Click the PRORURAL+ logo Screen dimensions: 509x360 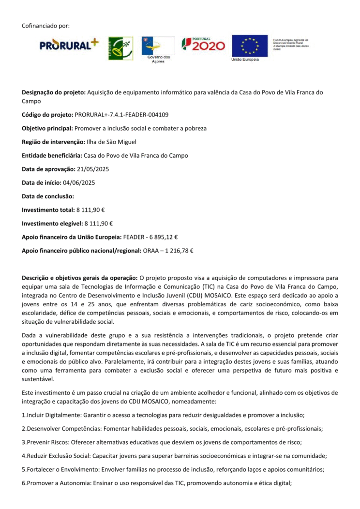(x=69, y=45)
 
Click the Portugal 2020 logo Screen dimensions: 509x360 (x=203, y=45)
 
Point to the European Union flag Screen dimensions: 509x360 (x=249, y=45)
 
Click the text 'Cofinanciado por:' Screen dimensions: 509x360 (x=46, y=25)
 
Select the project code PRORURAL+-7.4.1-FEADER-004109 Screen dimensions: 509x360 (x=121, y=115)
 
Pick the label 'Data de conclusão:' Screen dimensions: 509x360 (x=48, y=196)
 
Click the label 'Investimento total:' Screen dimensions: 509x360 (x=48, y=210)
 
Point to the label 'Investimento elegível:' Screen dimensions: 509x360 (x=52, y=224)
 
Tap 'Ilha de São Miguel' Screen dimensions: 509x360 (x=111, y=142)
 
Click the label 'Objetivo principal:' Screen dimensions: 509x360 (x=47, y=128)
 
